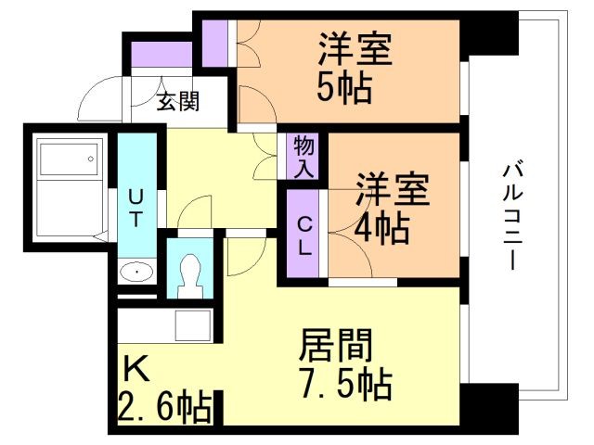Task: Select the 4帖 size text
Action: pyautogui.click(x=381, y=226)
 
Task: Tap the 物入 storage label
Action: pyautogui.click(x=303, y=156)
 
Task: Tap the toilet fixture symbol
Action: pyautogui.click(x=191, y=271)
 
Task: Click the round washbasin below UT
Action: pyautogui.click(x=137, y=273)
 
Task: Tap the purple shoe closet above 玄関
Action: pyautogui.click(x=161, y=54)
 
